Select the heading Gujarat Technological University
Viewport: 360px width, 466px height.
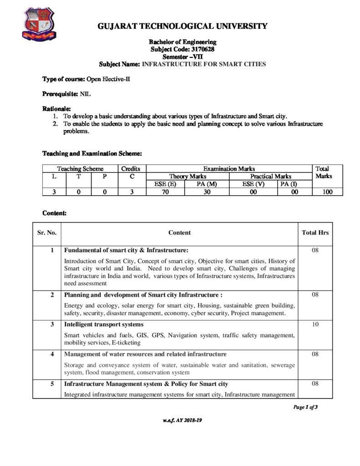point(183,26)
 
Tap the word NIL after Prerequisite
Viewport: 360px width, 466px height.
point(86,94)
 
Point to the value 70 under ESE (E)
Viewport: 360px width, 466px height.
point(165,192)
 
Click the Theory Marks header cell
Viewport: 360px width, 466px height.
point(188,176)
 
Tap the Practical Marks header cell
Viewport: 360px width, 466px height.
point(270,176)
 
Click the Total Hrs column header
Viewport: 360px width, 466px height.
point(315,233)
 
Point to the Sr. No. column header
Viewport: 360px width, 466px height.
point(46,233)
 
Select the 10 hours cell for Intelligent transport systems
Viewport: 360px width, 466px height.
point(315,324)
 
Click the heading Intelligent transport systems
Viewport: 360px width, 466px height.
point(104,324)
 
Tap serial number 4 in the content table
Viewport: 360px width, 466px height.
point(52,354)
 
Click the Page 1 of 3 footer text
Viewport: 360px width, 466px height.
point(305,407)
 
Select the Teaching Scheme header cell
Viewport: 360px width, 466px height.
point(80,168)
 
